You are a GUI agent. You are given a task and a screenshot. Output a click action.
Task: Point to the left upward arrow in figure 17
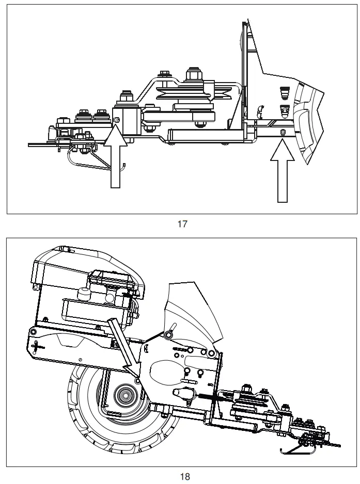point(116,160)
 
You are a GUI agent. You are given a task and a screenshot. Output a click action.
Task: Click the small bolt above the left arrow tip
point(117,120)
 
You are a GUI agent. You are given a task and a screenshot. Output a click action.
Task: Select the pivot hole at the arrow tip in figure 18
point(137,380)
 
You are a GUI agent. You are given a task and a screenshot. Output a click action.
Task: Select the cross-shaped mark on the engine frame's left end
point(34,346)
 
